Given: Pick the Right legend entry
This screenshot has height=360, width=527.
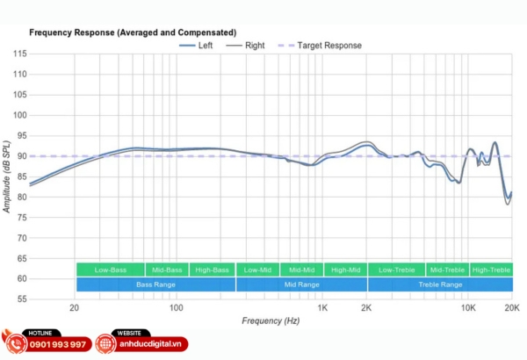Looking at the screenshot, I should point(250,45).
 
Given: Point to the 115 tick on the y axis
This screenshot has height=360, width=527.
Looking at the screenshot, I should point(18,54).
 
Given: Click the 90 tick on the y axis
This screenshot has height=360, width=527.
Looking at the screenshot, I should point(20,156).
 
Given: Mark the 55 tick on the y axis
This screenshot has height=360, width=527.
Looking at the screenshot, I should point(20,299).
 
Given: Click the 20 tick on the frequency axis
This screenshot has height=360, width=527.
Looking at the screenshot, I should point(75,308).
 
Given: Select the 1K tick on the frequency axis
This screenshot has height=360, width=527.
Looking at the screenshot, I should point(322,308).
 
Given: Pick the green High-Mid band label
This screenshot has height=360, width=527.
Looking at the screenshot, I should point(345,270).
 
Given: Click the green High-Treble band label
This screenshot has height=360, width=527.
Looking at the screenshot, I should point(490,270).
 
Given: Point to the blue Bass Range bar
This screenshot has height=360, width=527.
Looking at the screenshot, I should point(155,284).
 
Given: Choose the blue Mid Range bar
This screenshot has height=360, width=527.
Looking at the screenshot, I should point(301,284).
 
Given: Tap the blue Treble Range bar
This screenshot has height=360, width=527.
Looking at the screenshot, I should point(439,284).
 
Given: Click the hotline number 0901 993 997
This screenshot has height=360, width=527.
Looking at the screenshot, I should point(57,344).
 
